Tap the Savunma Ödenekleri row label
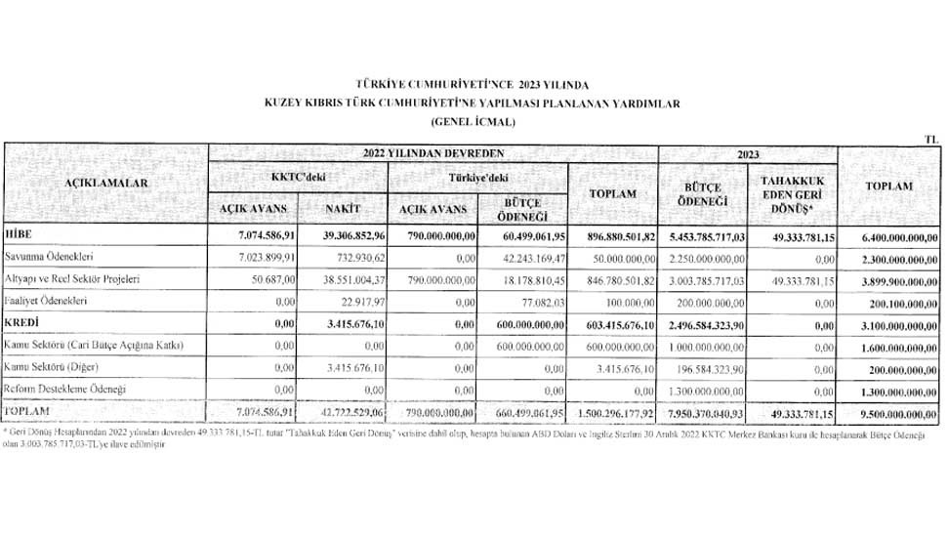pos(59,258)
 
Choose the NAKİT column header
pos(345,209)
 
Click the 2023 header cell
pos(748,153)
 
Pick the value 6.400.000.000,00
pos(890,236)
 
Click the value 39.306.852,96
pos(345,236)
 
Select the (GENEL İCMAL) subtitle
pos(473,121)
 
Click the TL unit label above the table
pos(929,140)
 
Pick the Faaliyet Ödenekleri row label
pos(57,302)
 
